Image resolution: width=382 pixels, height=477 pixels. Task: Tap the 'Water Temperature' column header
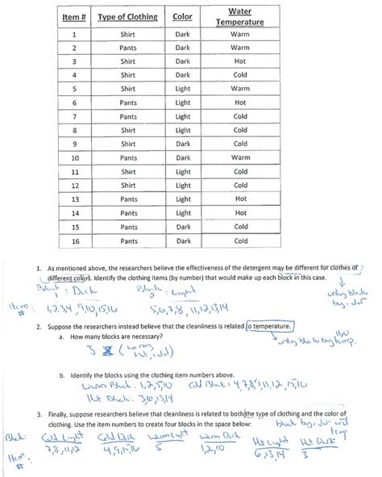point(240,17)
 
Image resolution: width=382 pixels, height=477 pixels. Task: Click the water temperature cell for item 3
point(240,61)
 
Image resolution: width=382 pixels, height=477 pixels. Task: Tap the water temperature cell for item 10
point(240,157)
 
